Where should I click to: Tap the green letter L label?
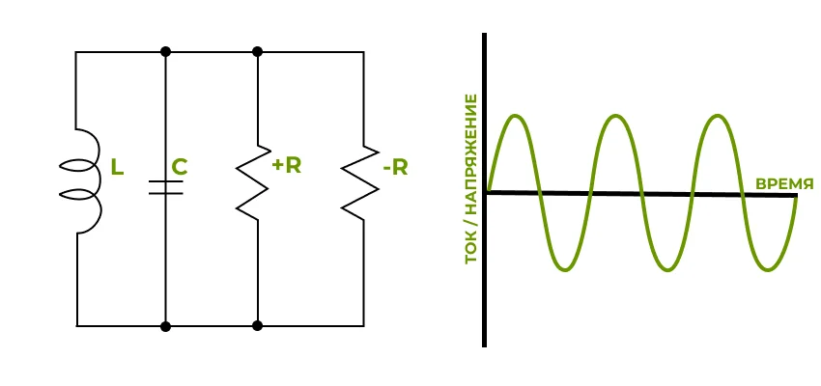[x=117, y=168]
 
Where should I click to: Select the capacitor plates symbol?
[x=166, y=188]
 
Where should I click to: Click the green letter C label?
[x=179, y=167]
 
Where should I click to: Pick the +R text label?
[x=287, y=165]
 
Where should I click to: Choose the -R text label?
[x=395, y=168]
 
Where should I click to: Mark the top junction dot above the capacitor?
[x=166, y=51]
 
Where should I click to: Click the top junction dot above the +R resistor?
[x=258, y=51]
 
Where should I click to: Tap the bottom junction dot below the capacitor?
[x=166, y=326]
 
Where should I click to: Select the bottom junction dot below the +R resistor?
[x=258, y=326]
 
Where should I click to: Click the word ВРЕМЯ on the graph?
[x=784, y=183]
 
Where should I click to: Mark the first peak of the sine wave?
[x=517, y=117]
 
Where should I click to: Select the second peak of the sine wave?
[x=617, y=117]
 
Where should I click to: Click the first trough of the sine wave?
[x=567, y=269]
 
